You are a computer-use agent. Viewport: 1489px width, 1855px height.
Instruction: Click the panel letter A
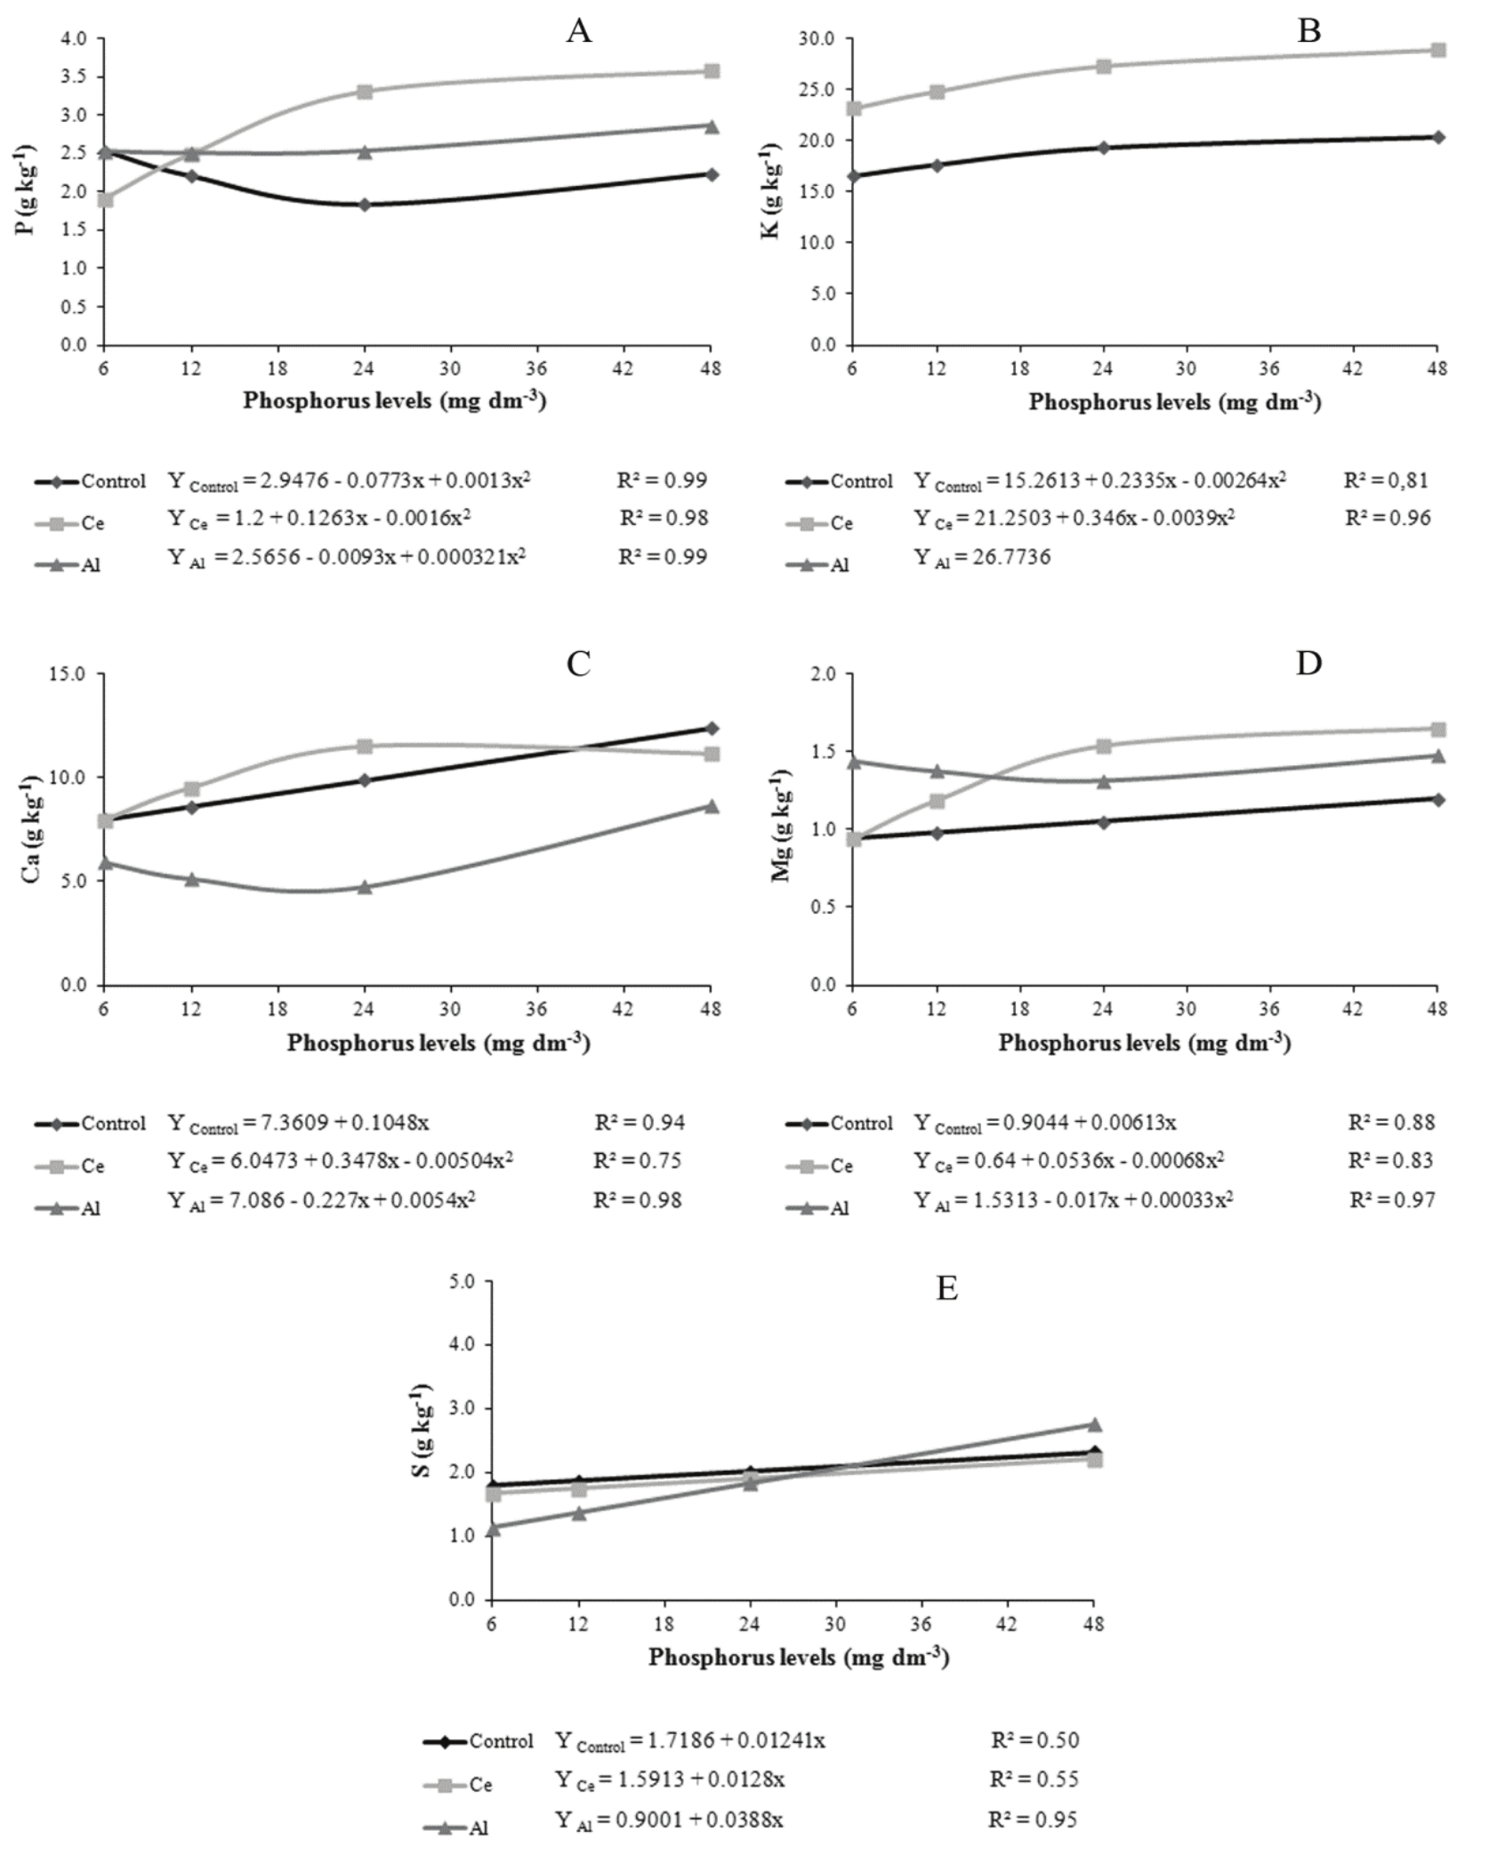point(578,32)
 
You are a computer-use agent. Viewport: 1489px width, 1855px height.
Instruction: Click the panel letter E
point(946,1288)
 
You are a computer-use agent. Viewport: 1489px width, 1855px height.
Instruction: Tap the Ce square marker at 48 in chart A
point(712,71)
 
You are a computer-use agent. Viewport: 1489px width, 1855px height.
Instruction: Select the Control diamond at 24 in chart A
point(365,205)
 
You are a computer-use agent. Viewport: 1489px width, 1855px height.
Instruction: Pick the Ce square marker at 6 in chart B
point(853,109)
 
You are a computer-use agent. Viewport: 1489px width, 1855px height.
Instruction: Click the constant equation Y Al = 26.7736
point(983,558)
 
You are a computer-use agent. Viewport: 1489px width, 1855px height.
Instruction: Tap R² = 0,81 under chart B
point(1387,481)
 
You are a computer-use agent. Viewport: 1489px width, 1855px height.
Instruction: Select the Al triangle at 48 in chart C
point(712,807)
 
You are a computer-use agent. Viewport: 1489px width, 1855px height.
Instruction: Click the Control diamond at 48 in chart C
point(712,729)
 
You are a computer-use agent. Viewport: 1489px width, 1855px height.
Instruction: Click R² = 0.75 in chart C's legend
point(640,1160)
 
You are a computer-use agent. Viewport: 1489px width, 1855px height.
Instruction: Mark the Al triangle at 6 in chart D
point(853,762)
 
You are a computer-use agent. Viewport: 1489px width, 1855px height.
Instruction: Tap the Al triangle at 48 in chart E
point(1095,1424)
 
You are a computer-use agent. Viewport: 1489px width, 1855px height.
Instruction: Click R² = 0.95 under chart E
point(1034,1819)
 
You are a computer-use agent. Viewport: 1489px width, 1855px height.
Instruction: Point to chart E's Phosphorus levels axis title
point(798,1657)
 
